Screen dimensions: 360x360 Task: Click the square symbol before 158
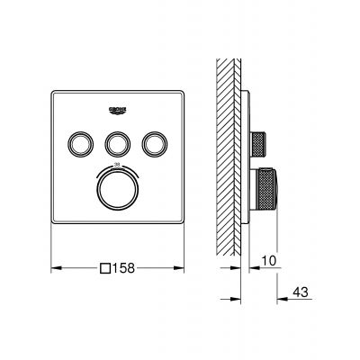(107, 267)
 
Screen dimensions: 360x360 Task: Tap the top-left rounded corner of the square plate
(54, 90)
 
